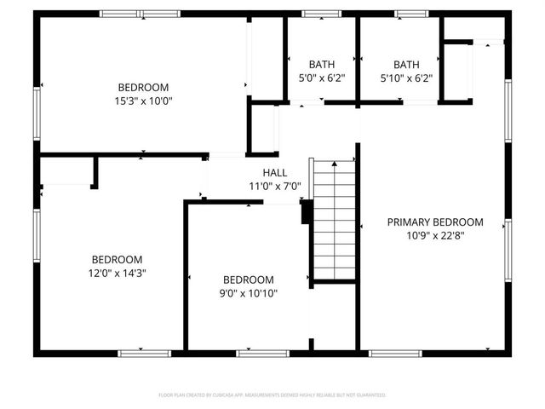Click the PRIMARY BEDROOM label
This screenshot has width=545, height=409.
[x=435, y=222]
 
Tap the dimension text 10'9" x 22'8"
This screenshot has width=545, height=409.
[x=435, y=235]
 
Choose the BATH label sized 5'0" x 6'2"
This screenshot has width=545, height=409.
[x=322, y=64]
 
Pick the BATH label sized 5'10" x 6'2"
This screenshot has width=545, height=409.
[x=406, y=64]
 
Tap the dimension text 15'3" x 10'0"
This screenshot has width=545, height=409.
[x=143, y=101]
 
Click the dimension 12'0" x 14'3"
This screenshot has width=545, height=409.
[x=118, y=274]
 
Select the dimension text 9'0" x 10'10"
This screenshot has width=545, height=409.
[x=249, y=293]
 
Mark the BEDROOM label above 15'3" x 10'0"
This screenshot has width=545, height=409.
[x=143, y=87]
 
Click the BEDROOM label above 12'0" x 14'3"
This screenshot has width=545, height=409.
[x=118, y=260]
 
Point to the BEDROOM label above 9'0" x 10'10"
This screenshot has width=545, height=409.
[x=249, y=279]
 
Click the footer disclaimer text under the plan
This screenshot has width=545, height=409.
[x=272, y=395]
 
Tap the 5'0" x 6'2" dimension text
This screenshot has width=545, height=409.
[x=322, y=78]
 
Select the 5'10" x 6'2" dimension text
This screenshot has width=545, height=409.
[x=406, y=78]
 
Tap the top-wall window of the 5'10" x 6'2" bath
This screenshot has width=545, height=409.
[x=410, y=14]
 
